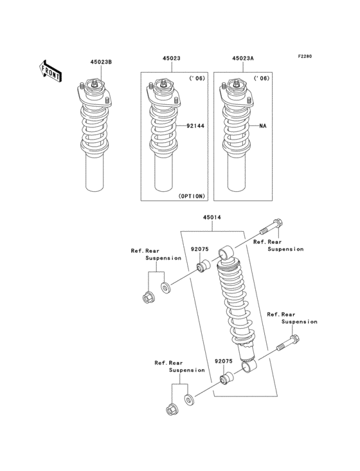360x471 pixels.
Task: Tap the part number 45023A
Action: pos(243,58)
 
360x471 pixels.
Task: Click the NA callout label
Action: pos(262,126)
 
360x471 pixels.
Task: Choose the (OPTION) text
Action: pos(190,196)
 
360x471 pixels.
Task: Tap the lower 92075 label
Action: pos(223,362)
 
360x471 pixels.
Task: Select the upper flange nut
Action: pos(147,297)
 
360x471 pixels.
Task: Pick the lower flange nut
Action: pos(171,409)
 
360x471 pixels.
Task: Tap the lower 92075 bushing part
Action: pos(226,378)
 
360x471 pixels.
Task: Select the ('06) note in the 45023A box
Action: pos(262,79)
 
